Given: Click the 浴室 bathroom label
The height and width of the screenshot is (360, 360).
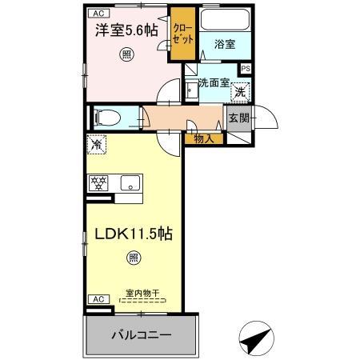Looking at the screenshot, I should tap(225, 45).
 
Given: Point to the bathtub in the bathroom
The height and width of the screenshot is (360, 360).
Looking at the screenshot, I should tap(224, 20).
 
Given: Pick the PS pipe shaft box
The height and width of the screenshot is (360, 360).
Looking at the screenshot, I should tap(246, 69).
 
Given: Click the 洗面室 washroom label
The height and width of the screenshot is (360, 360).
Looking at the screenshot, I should tap(214, 82).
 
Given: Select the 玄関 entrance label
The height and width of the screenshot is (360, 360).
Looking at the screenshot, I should tap(238, 119).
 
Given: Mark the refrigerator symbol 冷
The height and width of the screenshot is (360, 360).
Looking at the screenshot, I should tap(97, 146).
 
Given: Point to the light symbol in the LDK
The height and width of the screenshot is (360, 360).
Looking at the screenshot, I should tap(133, 258).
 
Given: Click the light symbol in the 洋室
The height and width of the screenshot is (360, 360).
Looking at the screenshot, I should tap(126, 54).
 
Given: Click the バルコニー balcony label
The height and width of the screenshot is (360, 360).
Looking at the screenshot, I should tap(141, 335).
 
